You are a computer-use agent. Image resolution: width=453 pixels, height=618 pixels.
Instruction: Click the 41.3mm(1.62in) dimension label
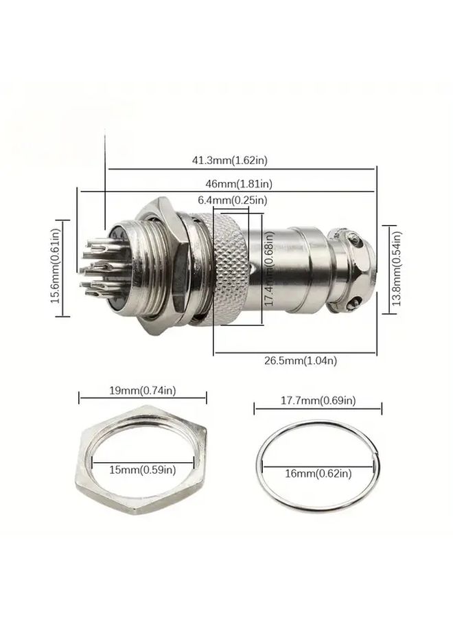pyautogui.click(x=230, y=161)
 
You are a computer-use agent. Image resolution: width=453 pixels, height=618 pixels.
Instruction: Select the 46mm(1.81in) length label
pyautogui.click(x=239, y=183)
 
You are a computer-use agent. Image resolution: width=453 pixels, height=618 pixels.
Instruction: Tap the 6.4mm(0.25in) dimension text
pyautogui.click(x=233, y=201)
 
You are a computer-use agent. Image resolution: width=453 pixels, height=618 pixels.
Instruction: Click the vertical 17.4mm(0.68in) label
pyautogui.click(x=269, y=269)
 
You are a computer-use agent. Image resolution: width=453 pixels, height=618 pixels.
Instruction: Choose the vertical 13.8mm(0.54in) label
pyautogui.click(x=397, y=268)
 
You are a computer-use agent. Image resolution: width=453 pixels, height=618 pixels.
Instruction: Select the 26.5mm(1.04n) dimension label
pyautogui.click(x=301, y=360)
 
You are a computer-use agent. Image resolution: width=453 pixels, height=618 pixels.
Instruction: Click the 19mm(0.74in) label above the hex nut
pyautogui.click(x=143, y=391)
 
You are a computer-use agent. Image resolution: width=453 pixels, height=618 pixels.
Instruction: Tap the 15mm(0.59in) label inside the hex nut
pyautogui.click(x=143, y=470)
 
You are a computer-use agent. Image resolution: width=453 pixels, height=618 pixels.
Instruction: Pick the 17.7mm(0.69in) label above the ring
pyautogui.click(x=318, y=400)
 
